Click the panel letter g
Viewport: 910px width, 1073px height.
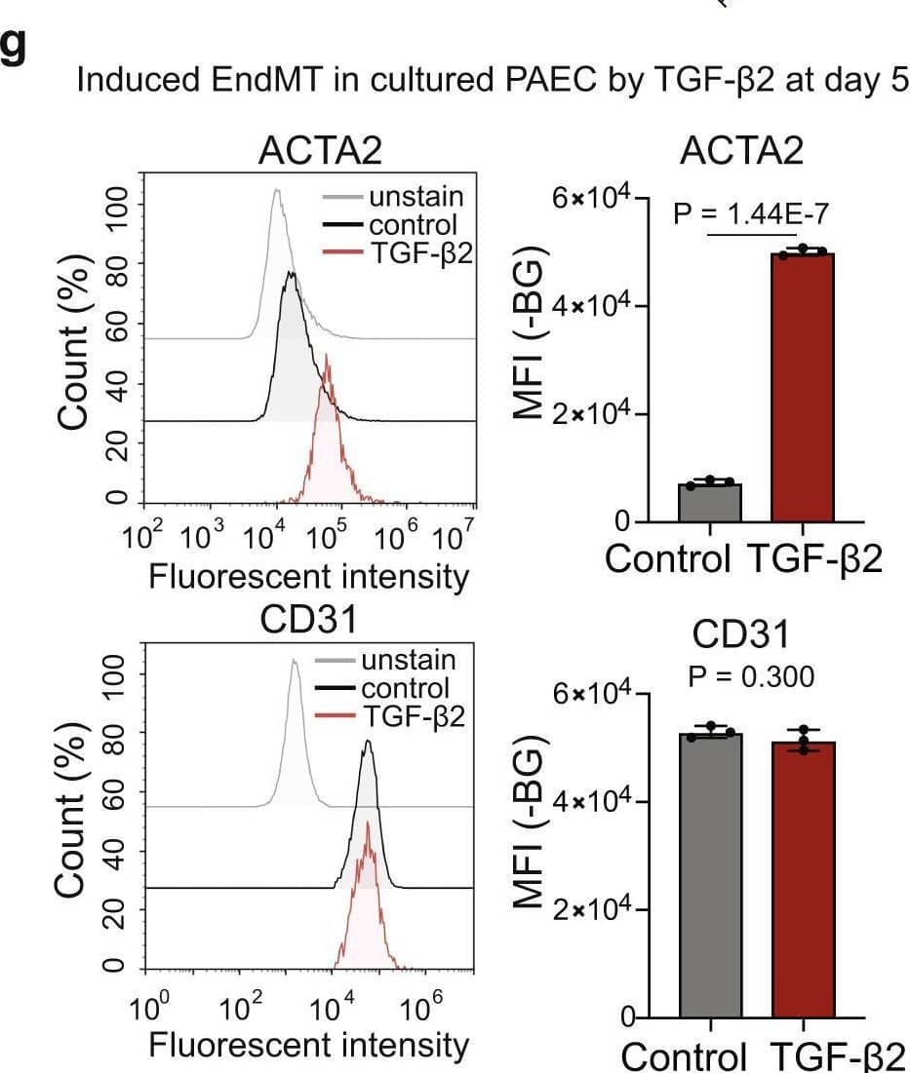pyautogui.click(x=14, y=52)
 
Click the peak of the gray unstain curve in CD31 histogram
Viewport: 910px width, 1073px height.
pyautogui.click(x=294, y=661)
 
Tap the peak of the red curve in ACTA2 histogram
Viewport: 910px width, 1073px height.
pyautogui.click(x=328, y=356)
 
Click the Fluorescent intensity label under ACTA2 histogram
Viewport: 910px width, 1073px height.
pyautogui.click(x=308, y=577)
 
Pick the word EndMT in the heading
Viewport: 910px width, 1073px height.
pyautogui.click(x=244, y=79)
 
